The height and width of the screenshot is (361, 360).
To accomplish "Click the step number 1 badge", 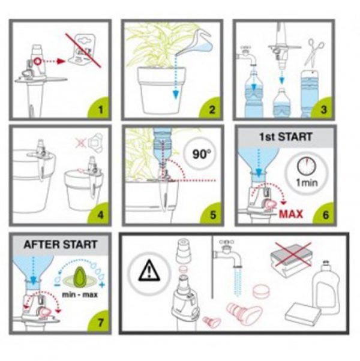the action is tap(100, 109).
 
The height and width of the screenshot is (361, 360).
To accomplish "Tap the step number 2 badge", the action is tap(211, 109).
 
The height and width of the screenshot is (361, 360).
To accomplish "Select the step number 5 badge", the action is tap(212, 214).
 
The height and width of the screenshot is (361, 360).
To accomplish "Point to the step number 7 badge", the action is tap(100, 322).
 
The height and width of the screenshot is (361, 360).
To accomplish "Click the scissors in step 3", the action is tap(314, 52).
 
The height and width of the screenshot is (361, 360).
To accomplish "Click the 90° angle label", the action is tap(202, 154).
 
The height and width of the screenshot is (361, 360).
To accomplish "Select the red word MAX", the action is tap(290, 214).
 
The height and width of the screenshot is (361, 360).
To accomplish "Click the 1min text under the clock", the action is tap(307, 183).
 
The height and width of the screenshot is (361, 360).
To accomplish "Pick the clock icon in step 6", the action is tap(306, 166).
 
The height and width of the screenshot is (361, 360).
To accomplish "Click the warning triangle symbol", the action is tap(149, 270).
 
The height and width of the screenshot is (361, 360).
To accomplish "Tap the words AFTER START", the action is tap(61, 245).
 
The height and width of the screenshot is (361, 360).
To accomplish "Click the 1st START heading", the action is tap(286, 137).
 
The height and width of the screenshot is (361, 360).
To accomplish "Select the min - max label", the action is tap(80, 294).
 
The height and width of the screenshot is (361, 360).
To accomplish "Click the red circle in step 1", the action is tap(38, 61).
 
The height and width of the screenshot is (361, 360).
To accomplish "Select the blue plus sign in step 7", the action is tap(102, 285).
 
